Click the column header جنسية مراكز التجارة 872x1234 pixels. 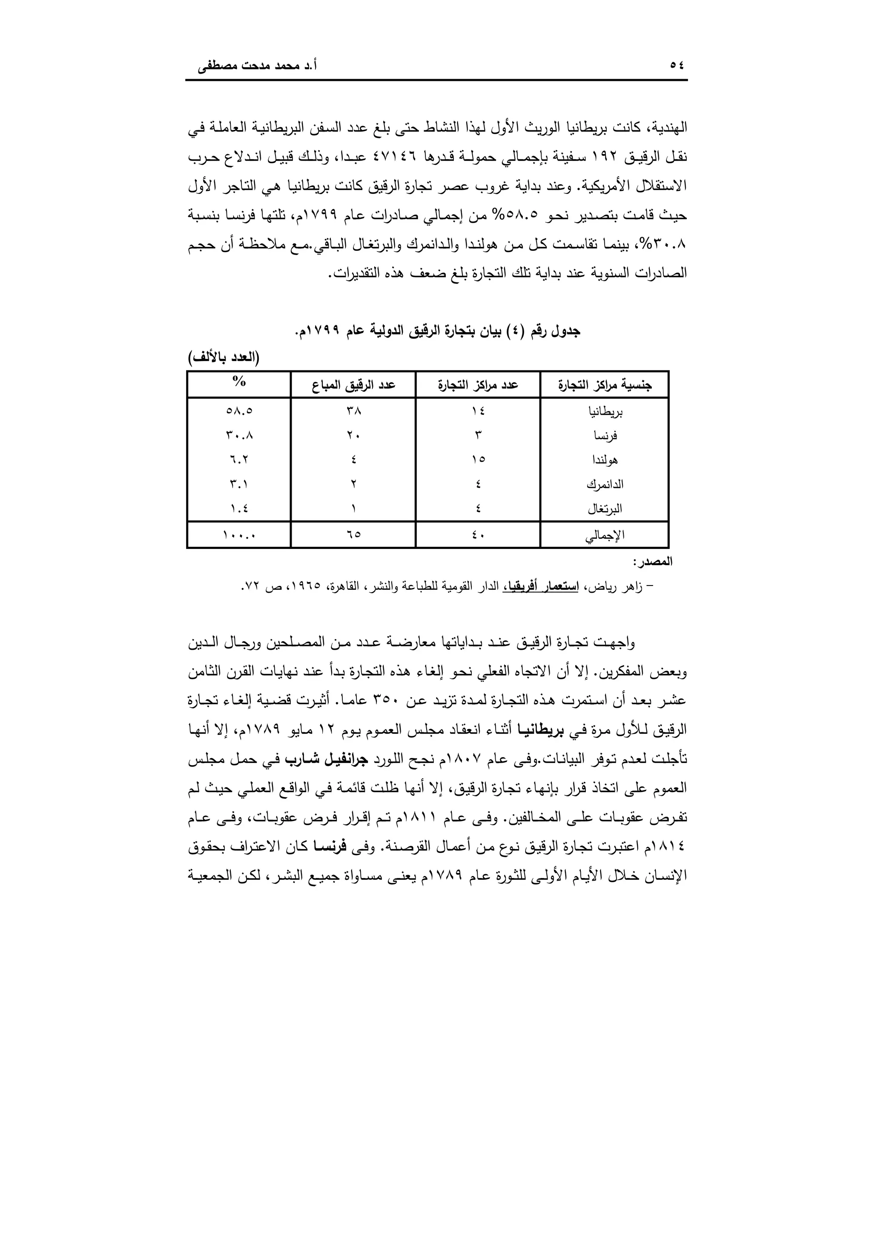coord(605,385)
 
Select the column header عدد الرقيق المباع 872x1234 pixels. coord(353,385)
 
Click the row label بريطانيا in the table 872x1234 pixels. coord(606,412)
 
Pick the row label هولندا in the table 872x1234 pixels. coord(605,460)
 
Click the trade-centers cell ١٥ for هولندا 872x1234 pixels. coord(478,459)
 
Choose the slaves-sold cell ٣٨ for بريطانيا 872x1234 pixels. coord(353,411)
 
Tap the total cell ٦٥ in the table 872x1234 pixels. coord(353,535)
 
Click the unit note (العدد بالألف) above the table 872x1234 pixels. coord(224,358)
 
